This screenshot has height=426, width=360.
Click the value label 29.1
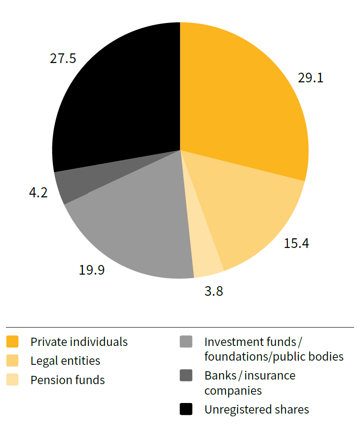pyautogui.click(x=310, y=77)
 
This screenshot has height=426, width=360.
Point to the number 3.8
pyautogui.click(x=213, y=291)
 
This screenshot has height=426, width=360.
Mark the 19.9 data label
pyautogui.click(x=92, y=270)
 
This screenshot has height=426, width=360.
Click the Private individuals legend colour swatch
pyautogui.click(x=12, y=342)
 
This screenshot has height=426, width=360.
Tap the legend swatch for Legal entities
pyautogui.click(x=12, y=361)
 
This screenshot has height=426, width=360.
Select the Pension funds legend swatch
pyautogui.click(x=12, y=380)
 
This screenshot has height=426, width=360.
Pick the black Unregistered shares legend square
pyautogui.click(x=186, y=409)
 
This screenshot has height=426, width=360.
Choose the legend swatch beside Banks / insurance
pyautogui.click(x=186, y=376)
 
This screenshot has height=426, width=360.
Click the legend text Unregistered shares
pyautogui.click(x=256, y=409)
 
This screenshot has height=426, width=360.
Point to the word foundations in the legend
pyautogui.click(x=234, y=357)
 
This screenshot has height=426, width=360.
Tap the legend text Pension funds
pyautogui.click(x=68, y=380)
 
